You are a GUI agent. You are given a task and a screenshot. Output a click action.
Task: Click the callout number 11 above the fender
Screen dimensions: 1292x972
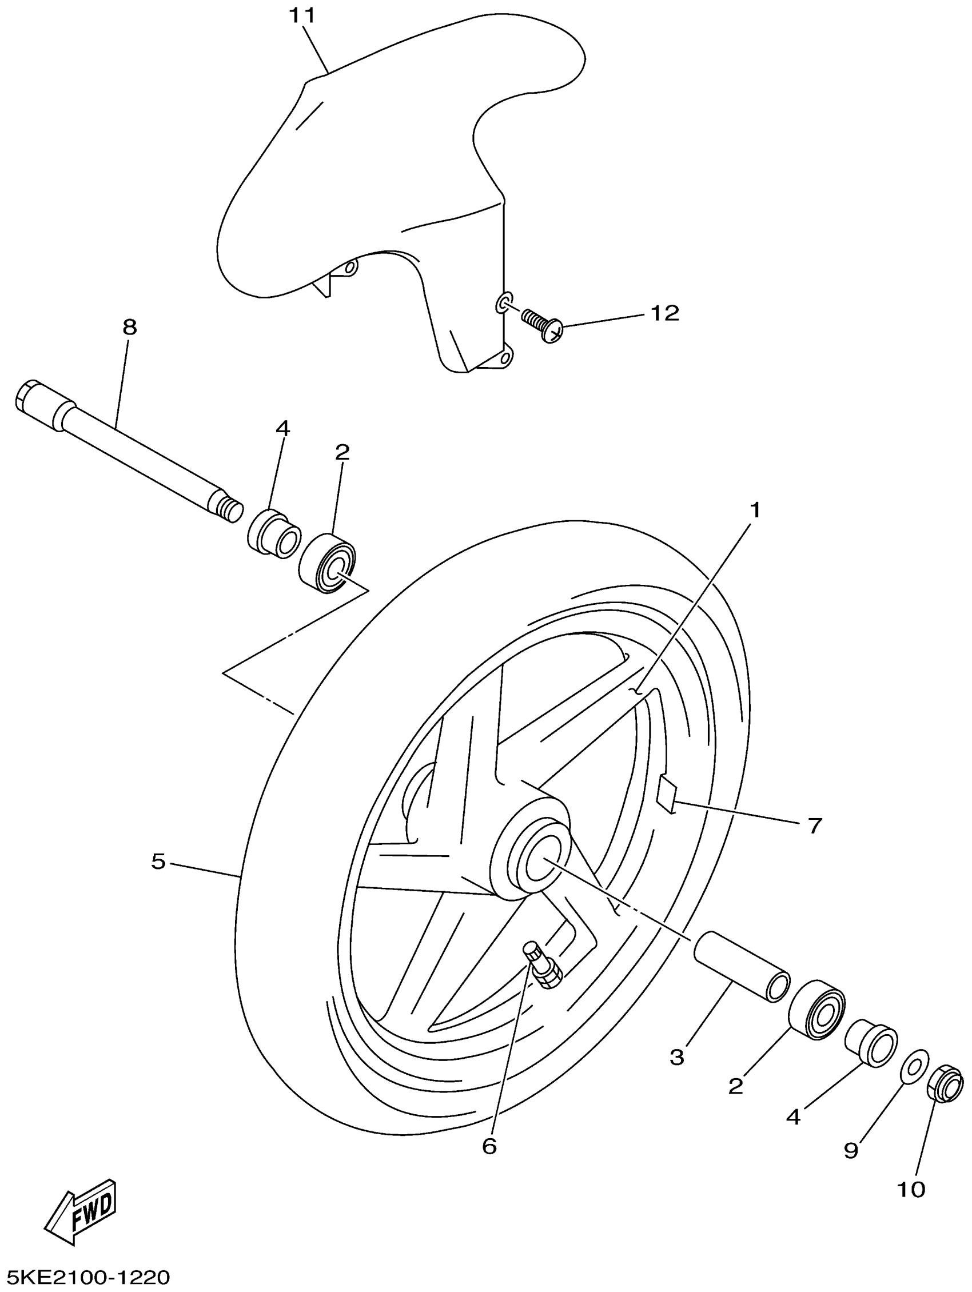point(302,16)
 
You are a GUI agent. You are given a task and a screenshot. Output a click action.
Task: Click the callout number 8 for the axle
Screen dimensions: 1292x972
point(130,327)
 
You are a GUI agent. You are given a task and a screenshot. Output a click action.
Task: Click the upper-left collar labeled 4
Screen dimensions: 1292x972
point(273,534)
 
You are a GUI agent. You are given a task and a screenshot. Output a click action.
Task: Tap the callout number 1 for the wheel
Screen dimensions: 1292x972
point(755,511)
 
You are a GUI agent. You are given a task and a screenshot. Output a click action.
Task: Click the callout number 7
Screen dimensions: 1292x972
point(815,826)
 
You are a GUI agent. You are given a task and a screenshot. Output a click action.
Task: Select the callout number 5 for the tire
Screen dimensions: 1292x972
point(158,862)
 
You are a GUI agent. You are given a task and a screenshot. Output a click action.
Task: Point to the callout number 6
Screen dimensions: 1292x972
point(489,1146)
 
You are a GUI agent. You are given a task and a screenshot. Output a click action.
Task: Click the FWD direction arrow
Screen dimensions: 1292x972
point(82,1209)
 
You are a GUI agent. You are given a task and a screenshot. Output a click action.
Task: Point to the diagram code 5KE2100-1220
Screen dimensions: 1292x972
point(85,1278)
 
